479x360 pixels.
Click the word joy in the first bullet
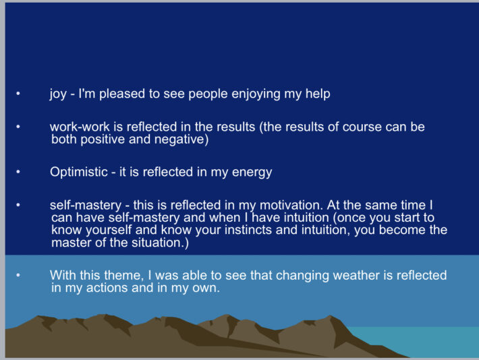(58, 94)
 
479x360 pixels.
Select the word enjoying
(256, 94)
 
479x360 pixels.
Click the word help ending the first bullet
(318, 94)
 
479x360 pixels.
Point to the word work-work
(80, 127)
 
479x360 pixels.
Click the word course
(362, 127)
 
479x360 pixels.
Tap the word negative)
(181, 140)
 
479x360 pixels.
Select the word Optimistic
(79, 172)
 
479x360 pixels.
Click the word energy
(252, 173)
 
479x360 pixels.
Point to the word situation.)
(160, 243)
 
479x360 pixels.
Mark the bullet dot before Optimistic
(18, 172)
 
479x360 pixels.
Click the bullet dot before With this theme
(18, 275)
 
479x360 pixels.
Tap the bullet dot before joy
(18, 94)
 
